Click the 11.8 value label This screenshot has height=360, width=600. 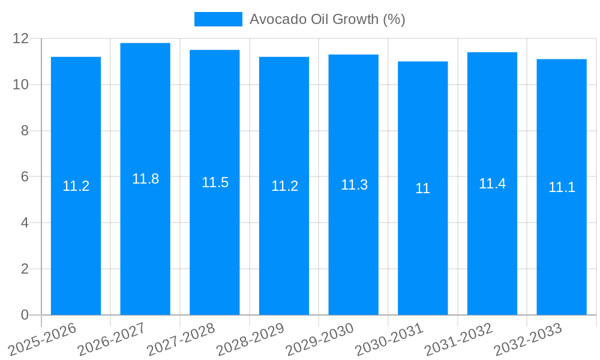[145, 179]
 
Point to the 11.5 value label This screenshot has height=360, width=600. [215, 182]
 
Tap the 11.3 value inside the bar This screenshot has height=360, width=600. [354, 185]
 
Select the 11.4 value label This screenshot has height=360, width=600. [492, 184]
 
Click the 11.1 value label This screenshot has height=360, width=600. [562, 187]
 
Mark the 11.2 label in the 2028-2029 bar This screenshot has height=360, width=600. [284, 186]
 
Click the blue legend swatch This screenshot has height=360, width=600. [218, 19]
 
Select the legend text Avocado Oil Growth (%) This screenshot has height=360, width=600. [327, 19]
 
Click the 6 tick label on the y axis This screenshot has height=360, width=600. [25, 177]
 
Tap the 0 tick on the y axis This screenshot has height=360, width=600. [25, 315]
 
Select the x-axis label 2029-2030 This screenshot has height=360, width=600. [320, 339]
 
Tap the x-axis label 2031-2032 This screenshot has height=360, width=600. [458, 339]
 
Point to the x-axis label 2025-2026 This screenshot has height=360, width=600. [43, 339]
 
